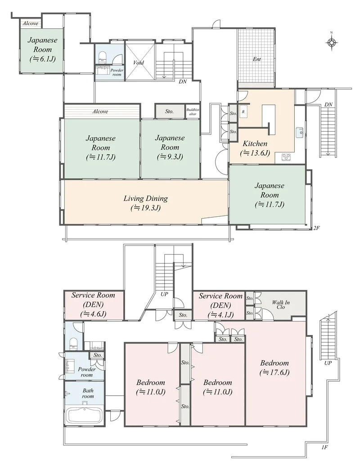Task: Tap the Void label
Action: click(138, 63)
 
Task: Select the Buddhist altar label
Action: click(193, 112)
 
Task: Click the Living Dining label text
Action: click(145, 198)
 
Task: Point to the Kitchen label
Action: click(255, 143)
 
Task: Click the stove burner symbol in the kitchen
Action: click(286, 157)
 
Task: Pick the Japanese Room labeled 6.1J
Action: click(42, 49)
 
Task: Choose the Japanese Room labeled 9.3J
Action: click(170, 147)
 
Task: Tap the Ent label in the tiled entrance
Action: click(256, 59)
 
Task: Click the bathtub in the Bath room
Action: click(85, 416)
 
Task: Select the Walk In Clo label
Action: click(280, 304)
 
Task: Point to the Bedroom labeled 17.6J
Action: click(274, 367)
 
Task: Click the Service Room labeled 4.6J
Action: click(93, 304)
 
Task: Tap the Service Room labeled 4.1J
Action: click(221, 305)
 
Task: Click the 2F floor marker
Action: click(316, 228)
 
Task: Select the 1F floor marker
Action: click(324, 447)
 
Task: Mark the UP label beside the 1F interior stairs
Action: click(164, 294)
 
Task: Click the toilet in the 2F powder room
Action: click(103, 57)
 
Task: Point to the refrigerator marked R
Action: click(243, 112)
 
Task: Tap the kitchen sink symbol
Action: click(299, 133)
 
